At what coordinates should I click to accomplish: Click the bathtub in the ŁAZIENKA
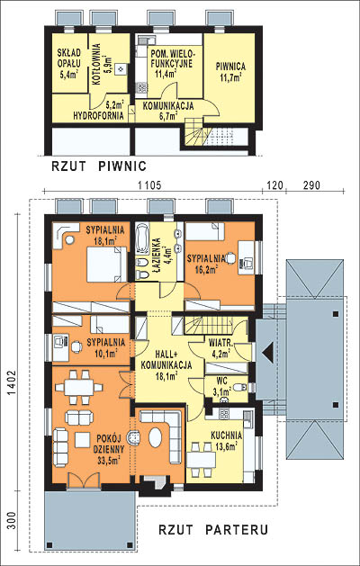141,239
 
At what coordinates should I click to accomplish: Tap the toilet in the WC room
239,388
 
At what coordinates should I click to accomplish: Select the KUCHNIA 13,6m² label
227,441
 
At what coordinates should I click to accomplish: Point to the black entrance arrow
268,351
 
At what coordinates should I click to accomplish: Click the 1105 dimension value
148,185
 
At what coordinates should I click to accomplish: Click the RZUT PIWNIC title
99,166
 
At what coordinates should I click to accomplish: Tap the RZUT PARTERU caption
213,530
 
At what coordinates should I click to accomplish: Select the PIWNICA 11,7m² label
230,71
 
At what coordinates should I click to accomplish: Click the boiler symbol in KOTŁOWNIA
121,68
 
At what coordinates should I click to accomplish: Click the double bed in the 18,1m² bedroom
107,264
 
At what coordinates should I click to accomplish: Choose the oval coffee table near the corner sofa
156,438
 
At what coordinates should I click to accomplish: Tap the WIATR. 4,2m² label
220,347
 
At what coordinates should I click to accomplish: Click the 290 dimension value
311,185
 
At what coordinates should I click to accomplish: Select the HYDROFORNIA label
99,116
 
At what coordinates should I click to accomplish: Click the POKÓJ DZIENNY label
110,444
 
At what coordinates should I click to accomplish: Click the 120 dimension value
274,185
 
